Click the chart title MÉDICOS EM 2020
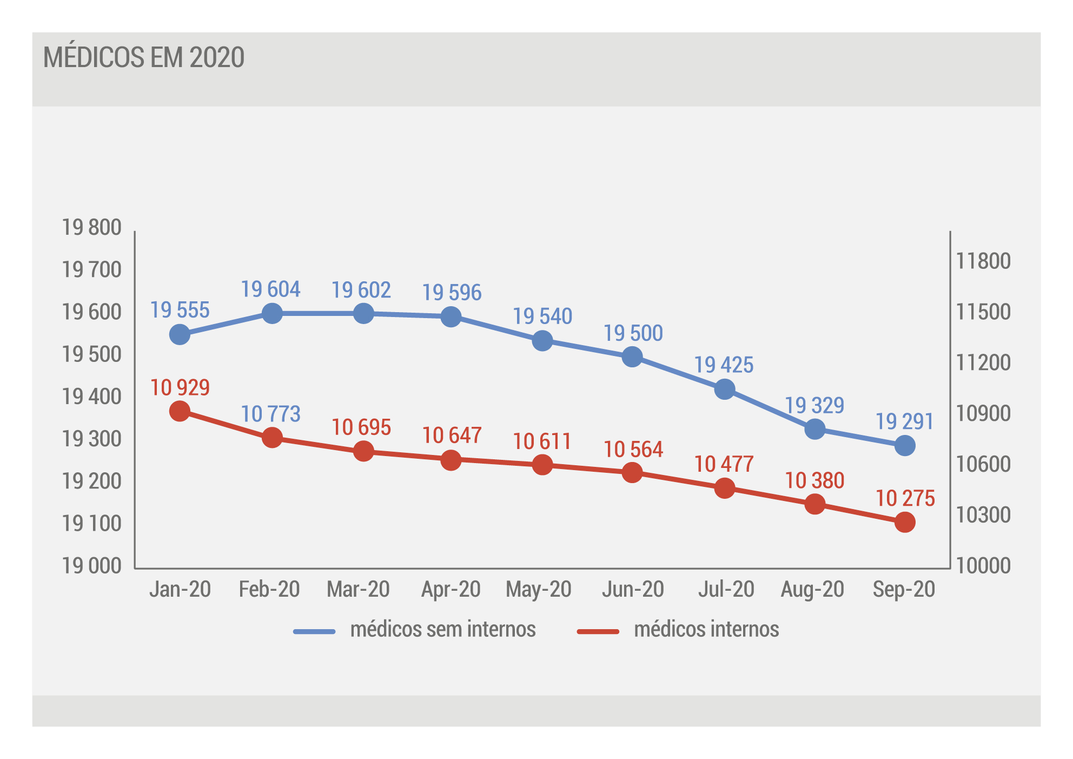pyautogui.click(x=144, y=57)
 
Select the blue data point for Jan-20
pyautogui.click(x=180, y=334)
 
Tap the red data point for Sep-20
pyautogui.click(x=905, y=522)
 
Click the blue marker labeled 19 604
pyautogui.click(x=272, y=313)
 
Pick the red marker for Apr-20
pyautogui.click(x=451, y=460)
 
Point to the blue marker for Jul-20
pyautogui.click(x=725, y=389)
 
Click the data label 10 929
pyautogui.click(x=180, y=387)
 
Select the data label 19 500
pyautogui.click(x=633, y=333)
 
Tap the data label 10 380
pyautogui.click(x=814, y=480)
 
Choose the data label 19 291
pyautogui.click(x=905, y=421)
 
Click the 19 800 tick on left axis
pyautogui.click(x=91, y=227)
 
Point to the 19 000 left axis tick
pyautogui.click(x=91, y=566)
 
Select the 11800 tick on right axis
pyautogui.click(x=983, y=261)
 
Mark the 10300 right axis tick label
pyautogui.click(x=983, y=515)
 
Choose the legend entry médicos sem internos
pyautogui.click(x=414, y=630)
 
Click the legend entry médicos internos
pyautogui.click(x=678, y=630)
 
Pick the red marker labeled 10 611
pyautogui.click(x=542, y=465)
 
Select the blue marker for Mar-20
pyautogui.click(x=363, y=313)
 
